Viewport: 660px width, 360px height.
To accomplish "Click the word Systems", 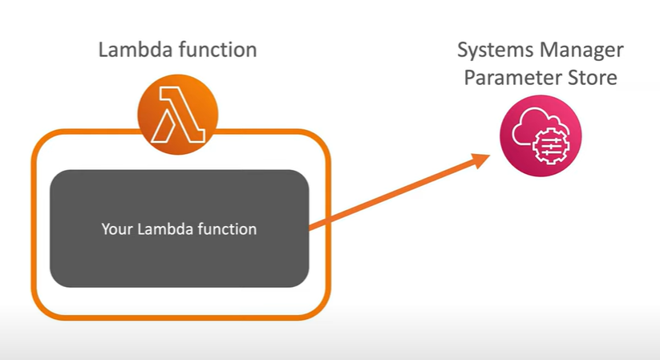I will click(491, 50).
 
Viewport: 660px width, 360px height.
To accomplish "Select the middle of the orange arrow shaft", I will click(397, 193).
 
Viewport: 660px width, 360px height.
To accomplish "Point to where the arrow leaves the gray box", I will click(310, 229).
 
